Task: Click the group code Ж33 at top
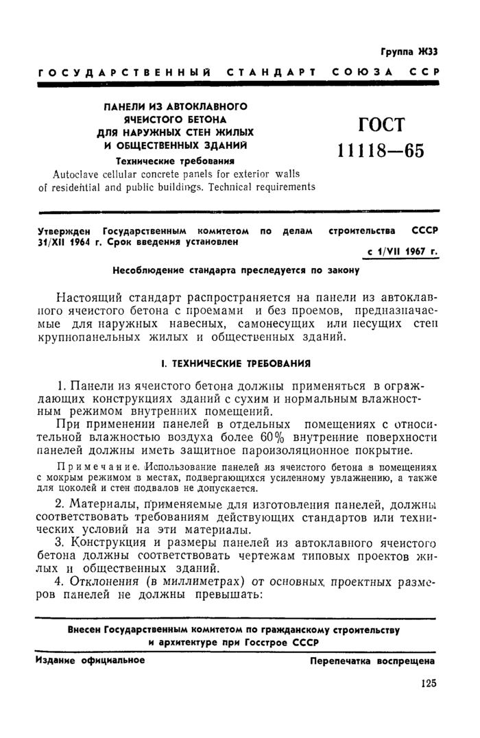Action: point(426,51)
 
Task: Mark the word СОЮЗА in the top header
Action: point(361,71)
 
